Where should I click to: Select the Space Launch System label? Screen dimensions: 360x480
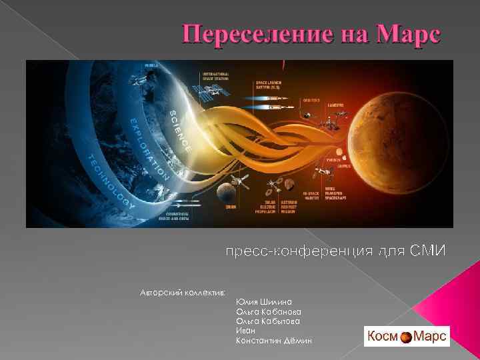(x=272, y=85)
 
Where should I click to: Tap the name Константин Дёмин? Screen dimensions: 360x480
(x=273, y=341)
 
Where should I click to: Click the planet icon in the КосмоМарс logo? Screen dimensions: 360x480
(x=407, y=337)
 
